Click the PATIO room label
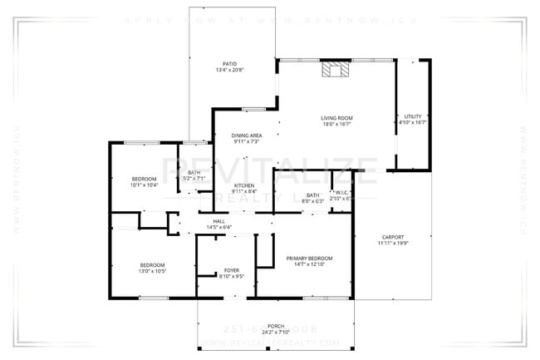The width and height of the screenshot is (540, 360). pyautogui.click(x=229, y=63)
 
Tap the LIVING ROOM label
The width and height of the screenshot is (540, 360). pyautogui.click(x=337, y=117)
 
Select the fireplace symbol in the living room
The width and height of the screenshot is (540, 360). pyautogui.click(x=336, y=70)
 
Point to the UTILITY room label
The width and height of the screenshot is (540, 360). pyautogui.click(x=412, y=116)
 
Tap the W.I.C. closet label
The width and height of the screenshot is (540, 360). pyautogui.click(x=341, y=194)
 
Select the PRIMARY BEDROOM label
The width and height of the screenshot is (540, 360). pyautogui.click(x=309, y=259)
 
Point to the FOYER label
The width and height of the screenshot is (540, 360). pyautogui.click(x=232, y=270)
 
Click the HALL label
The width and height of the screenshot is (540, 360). pyautogui.click(x=218, y=220)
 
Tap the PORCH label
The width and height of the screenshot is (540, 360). pyautogui.click(x=275, y=325)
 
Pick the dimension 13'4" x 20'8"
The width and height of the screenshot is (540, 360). pyautogui.click(x=229, y=70)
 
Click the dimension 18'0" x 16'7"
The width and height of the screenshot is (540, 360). pyautogui.click(x=337, y=124)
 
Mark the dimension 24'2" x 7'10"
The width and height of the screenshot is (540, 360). pyautogui.click(x=275, y=332)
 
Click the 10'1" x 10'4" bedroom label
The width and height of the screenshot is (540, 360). pyautogui.click(x=144, y=182)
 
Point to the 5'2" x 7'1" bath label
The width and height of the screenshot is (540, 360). pyautogui.click(x=194, y=175)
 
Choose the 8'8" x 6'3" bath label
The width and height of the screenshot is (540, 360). pyautogui.click(x=312, y=198)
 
